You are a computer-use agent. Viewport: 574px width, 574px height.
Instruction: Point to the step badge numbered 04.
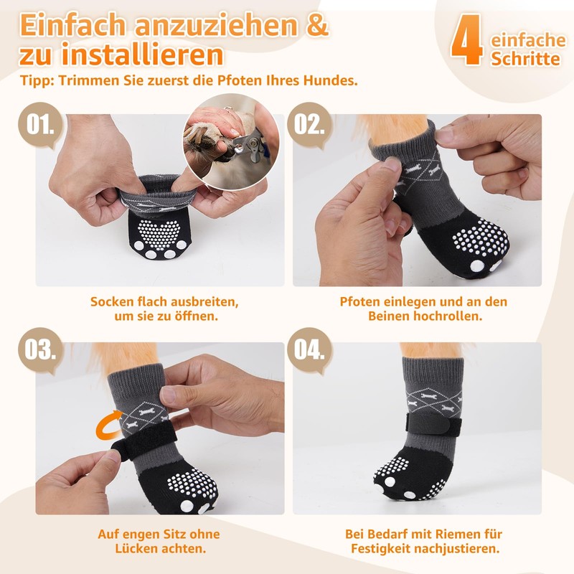[310, 349]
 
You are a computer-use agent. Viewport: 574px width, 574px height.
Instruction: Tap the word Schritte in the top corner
[525, 59]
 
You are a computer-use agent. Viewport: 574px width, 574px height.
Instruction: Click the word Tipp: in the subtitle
[37, 80]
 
